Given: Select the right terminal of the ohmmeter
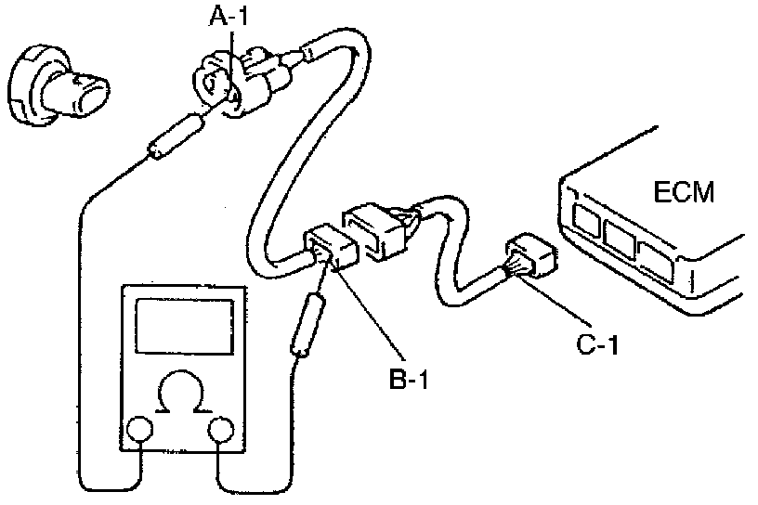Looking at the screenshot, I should pyautogui.click(x=222, y=430).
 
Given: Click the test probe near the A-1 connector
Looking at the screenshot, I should pyautogui.click(x=175, y=134).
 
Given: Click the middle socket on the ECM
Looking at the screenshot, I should pyautogui.click(x=621, y=238).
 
